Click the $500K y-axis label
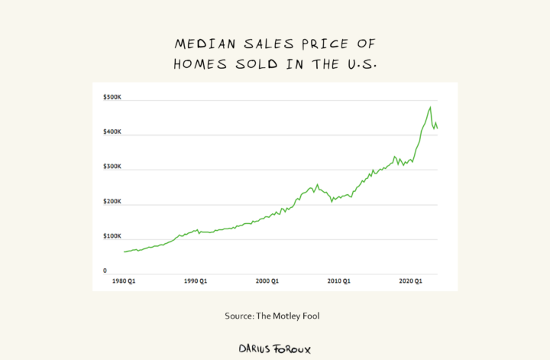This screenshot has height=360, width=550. tap(112, 98)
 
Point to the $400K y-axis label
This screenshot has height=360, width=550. tap(112, 133)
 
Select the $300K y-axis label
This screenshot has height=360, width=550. tap(112, 167)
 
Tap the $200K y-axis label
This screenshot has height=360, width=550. tap(112, 202)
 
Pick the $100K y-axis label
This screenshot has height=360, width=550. tap(112, 237)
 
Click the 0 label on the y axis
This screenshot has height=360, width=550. tap(105, 271)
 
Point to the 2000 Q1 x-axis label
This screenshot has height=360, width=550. tap(267, 283)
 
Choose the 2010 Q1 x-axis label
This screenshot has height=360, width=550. tap(338, 283)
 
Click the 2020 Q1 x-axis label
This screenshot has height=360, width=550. tap(412, 283)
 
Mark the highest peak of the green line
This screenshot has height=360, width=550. tap(431, 107)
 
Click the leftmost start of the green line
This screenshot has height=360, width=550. tap(124, 251)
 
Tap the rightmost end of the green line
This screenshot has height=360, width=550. tap(438, 128)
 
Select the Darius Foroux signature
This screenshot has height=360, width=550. tap(275, 349)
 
